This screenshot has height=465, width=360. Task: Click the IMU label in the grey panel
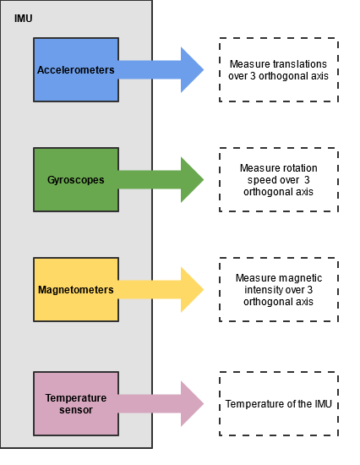point(23,19)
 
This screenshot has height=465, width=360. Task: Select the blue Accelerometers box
point(76,69)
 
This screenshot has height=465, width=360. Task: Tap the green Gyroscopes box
point(76,180)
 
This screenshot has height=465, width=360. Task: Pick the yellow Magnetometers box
point(76,289)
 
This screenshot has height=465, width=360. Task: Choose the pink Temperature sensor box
point(76,403)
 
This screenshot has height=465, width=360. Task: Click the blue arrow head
point(192,69)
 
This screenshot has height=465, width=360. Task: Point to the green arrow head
point(192,180)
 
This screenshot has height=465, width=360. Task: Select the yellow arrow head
point(192,289)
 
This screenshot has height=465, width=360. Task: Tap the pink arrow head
point(192,403)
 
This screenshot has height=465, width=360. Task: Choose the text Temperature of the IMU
point(279,404)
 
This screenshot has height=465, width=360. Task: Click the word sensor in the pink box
point(76,410)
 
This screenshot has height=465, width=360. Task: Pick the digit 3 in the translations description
point(253,76)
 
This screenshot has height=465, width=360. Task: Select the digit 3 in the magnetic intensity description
point(309,290)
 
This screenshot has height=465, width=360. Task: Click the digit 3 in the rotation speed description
point(307,180)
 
